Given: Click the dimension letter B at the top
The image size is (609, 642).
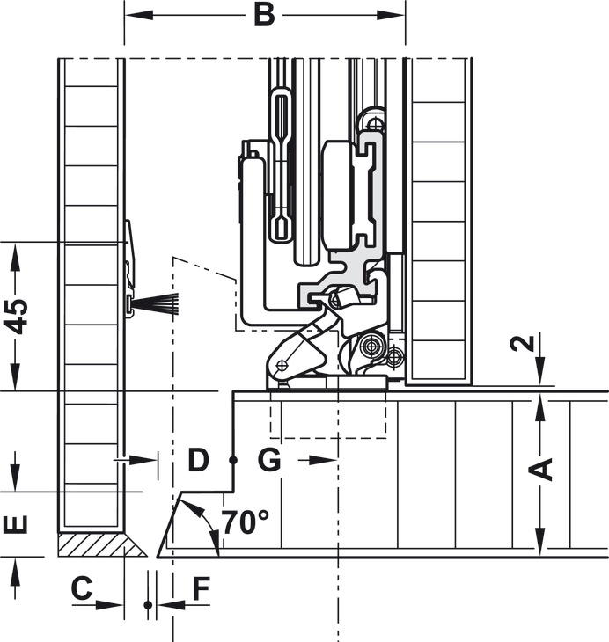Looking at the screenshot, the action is [x=264, y=15].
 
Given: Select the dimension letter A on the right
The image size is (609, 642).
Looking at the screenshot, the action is [x=540, y=470].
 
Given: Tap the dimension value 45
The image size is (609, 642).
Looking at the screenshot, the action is [x=16, y=317].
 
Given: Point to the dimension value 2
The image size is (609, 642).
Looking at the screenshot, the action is [x=523, y=343].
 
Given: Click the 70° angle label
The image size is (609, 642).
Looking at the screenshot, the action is [x=246, y=522].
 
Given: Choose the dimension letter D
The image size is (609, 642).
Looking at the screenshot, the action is [x=198, y=460].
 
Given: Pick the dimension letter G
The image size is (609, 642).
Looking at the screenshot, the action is [x=269, y=460].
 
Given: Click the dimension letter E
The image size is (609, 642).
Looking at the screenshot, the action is [x=16, y=524].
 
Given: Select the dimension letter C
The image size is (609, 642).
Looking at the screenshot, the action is [x=82, y=588].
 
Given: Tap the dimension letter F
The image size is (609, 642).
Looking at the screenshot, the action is [x=202, y=588].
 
